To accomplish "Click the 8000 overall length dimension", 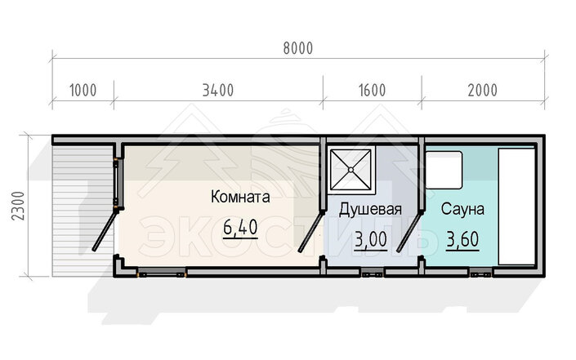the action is [298, 48].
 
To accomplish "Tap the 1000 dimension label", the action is [83, 91].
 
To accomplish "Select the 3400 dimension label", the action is [218, 91].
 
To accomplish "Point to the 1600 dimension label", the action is [372, 91].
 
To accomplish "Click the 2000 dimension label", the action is [482, 91].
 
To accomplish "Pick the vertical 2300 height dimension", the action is [18, 206].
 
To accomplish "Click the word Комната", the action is [240, 197].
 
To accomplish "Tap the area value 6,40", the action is [240, 228].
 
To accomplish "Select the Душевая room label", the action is [370, 210].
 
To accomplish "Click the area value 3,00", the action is [370, 240].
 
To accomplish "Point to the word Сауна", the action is [462, 209].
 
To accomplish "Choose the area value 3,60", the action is [462, 240].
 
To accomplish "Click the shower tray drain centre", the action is [351, 170].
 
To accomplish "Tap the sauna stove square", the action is [444, 170].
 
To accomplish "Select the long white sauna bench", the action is [516, 207].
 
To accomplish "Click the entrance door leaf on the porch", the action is [105, 229].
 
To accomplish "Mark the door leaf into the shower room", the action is [311, 231].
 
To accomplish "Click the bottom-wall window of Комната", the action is [162, 273].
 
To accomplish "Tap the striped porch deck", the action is [83, 211].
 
